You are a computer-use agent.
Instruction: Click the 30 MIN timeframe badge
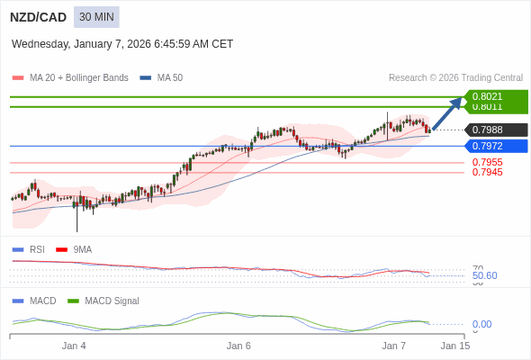[96, 17]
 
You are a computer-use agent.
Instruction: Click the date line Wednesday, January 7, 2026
[122, 43]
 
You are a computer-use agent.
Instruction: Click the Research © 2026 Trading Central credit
[455, 78]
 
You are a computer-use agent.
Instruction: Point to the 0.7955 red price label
[487, 162]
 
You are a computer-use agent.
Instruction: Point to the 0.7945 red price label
[487, 172]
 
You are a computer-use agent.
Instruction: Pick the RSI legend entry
[36, 249]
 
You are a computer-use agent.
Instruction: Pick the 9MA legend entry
[82, 249]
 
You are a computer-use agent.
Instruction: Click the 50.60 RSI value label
[484, 275]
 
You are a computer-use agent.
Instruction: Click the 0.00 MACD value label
[481, 324]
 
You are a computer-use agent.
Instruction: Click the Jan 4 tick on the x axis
[74, 346]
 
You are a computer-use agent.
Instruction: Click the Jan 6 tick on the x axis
[238, 346]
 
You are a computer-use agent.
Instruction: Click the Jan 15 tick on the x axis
[454, 346]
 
